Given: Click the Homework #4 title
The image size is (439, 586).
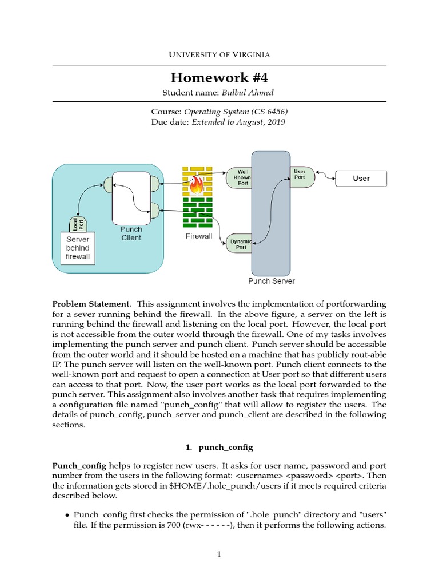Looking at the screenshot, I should point(219,77).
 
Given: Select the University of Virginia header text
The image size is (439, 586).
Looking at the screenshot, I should point(219,54).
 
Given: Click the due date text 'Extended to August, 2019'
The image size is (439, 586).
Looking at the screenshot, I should point(238,122).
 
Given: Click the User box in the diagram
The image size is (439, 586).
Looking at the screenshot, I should point(361,179).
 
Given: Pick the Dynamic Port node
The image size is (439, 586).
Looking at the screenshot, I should point(241,244).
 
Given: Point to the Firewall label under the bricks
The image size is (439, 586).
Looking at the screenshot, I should point(198,236).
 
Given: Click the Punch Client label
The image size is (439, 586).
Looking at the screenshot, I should point(131,233).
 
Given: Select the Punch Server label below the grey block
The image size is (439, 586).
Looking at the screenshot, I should point(272,281).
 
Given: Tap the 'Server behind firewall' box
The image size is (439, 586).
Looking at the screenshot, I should point(78,248).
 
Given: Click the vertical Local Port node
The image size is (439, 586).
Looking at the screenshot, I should point(74,223).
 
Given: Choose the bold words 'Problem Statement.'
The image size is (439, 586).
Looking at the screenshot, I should point(92,303).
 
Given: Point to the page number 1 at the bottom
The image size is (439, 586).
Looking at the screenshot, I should point(219,554).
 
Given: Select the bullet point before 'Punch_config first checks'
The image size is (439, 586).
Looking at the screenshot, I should point(68,516).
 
